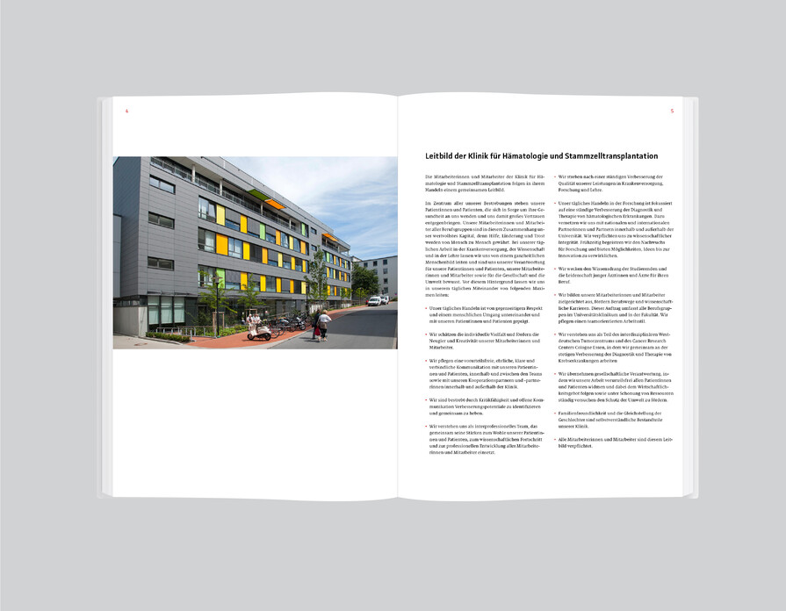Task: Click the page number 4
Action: click(127, 111)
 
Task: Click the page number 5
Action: click(672, 111)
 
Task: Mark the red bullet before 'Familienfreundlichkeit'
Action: click(555, 412)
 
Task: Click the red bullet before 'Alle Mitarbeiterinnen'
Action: click(555, 437)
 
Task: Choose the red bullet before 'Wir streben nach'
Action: click(555, 176)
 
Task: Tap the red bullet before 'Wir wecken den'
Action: click(555, 268)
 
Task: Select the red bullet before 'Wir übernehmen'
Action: click(555, 373)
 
